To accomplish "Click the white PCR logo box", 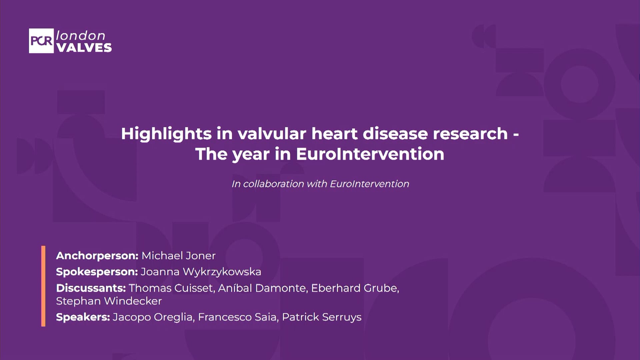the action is pos(41,41).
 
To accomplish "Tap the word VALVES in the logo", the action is pos(84,48).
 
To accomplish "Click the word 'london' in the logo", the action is pos(81,35).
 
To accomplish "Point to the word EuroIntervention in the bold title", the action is pos(370,154).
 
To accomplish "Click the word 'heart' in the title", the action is pos(334,134).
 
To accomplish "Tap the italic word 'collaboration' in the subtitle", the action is pos(273,184).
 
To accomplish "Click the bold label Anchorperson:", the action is pos(97,256).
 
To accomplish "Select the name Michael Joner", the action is pos(178,256).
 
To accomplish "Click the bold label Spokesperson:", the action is pos(97,272).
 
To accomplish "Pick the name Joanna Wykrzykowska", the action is pos(201,272).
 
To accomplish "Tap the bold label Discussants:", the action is pos(91,288).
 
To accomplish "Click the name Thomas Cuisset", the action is pos(171,288).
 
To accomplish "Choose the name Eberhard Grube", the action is pos(354,288).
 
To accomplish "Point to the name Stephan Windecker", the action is pos(109,301).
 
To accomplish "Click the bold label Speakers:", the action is pos(83,317).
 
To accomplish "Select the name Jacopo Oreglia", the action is pos(153,317).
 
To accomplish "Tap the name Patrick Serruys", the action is pos(322,317).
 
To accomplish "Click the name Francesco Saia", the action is pos(237,317).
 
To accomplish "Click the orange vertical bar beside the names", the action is pos(43,286).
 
